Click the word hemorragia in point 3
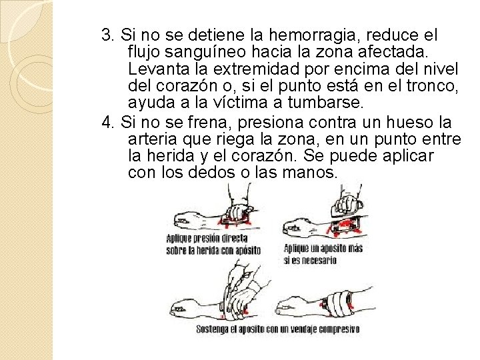click(x=312, y=36)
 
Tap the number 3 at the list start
click(x=106, y=35)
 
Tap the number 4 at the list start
click(x=107, y=122)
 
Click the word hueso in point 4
click(x=409, y=122)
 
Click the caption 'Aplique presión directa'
click(x=207, y=238)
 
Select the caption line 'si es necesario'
click(x=310, y=260)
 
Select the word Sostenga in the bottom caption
click(x=212, y=329)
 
